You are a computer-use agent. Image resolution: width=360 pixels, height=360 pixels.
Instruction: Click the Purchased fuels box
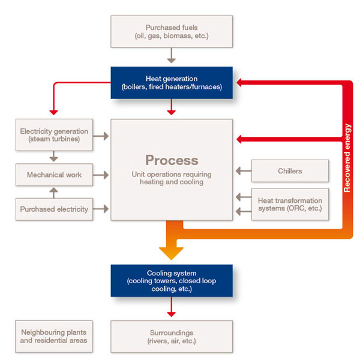pos(172,32)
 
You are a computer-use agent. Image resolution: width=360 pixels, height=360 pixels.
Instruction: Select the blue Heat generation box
pos(172,83)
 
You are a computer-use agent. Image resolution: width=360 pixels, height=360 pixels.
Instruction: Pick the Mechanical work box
pos(54,175)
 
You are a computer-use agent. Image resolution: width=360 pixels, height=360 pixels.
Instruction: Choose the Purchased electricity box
pos(54,209)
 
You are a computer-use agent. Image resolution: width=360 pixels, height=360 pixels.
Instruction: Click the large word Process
pos(172,160)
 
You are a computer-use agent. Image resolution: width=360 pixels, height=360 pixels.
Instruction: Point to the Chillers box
pos(290,171)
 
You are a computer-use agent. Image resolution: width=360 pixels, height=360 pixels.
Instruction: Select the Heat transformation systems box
pos(290,204)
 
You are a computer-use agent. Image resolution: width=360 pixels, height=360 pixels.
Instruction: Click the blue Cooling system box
pos(172,281)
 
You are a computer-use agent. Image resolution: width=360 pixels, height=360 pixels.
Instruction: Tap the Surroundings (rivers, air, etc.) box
pos(172,336)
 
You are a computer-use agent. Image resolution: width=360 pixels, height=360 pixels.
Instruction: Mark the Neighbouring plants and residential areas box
pos(54,336)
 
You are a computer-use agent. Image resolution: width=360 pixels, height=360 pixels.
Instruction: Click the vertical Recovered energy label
pos(347,158)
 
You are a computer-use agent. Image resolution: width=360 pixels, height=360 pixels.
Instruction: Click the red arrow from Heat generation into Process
pos(172,107)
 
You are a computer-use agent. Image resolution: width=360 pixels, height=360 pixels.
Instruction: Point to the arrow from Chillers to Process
pos(243,171)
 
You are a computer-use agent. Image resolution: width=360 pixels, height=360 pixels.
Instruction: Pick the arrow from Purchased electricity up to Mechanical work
pos(54,193)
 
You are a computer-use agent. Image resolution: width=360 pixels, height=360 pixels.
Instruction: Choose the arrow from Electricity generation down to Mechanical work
pos(54,155)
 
